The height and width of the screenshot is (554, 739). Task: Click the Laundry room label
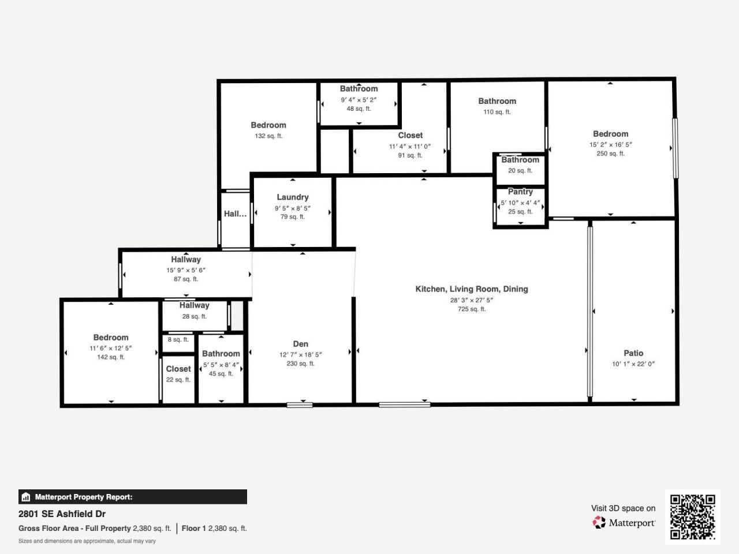pyautogui.click(x=292, y=197)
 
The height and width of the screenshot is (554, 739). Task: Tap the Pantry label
pyautogui.click(x=520, y=192)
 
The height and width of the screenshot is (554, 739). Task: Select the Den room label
pyautogui.click(x=300, y=344)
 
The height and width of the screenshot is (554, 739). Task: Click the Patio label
pyautogui.click(x=633, y=353)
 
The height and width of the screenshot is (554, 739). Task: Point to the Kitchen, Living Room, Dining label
pyautogui.click(x=472, y=289)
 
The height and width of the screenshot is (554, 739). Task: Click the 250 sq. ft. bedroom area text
pyautogui.click(x=610, y=154)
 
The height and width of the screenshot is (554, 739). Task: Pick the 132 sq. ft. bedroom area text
pyautogui.click(x=268, y=136)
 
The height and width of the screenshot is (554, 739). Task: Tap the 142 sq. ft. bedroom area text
pyautogui.click(x=111, y=357)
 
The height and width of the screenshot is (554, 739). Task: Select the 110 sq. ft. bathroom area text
pyautogui.click(x=497, y=112)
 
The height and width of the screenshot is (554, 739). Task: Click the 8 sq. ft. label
pyautogui.click(x=178, y=340)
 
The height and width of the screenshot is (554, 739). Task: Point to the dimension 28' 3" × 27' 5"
pyautogui.click(x=472, y=300)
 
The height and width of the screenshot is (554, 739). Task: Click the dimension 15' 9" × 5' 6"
pyautogui.click(x=186, y=270)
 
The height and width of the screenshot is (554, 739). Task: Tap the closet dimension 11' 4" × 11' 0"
pyautogui.click(x=410, y=147)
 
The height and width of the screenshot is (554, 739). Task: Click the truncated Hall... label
pyautogui.click(x=235, y=214)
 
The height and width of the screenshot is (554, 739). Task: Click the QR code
pyautogui.click(x=692, y=516)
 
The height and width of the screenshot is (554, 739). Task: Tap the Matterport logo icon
pyautogui.click(x=599, y=523)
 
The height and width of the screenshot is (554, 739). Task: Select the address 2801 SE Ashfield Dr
pyautogui.click(x=62, y=514)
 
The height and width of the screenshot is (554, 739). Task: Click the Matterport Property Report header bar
pyautogui.click(x=133, y=497)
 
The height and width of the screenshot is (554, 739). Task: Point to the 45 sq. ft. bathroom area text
pyautogui.click(x=221, y=374)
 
